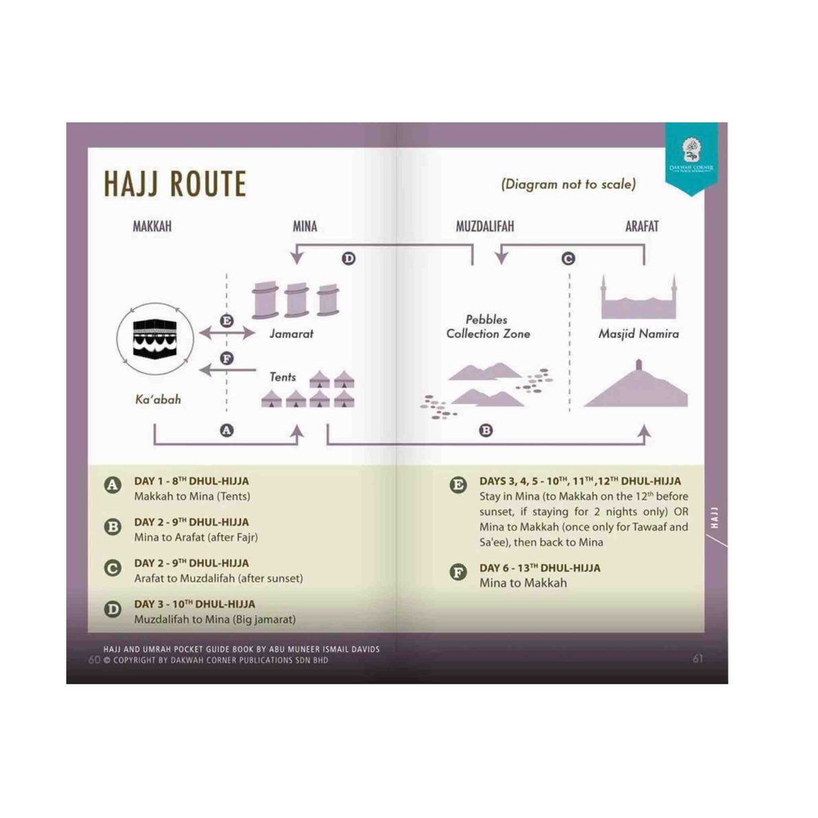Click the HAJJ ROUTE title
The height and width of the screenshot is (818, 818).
175,183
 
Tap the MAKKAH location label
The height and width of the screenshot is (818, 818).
152,226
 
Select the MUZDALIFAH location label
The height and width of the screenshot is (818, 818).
484,226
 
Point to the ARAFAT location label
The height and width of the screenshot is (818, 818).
641,226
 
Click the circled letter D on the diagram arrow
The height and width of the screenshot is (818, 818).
348,259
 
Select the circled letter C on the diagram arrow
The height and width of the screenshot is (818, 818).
568,259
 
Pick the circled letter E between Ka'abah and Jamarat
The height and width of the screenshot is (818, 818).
227,321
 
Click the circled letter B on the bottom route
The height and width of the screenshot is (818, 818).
486,431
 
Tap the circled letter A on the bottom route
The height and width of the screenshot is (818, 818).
227,430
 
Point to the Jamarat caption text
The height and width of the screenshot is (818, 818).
291,334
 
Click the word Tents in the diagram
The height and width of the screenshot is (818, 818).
283,377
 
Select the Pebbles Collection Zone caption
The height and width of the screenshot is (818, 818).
488,327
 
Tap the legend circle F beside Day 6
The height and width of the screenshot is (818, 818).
458,573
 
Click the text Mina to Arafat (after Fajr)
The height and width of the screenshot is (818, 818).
196,537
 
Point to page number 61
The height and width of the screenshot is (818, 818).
697,658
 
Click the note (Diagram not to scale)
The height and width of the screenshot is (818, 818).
568,184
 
